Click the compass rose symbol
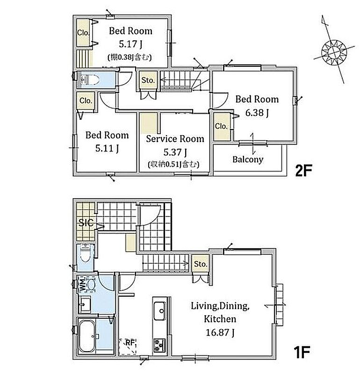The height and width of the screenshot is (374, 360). point(333,52)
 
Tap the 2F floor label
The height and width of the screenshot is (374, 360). point(303,171)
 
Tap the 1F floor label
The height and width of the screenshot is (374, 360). point(302,352)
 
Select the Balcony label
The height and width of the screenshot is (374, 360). point(248,159)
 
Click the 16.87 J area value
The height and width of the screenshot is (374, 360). point(220,332)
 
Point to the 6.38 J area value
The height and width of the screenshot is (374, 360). point(257,113)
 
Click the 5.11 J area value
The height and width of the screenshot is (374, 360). point(107,148)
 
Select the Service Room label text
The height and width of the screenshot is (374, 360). point(175,139)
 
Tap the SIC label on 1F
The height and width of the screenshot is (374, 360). point(86,223)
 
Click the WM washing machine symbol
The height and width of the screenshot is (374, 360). point(87,284)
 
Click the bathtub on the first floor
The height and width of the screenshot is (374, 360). point(87,336)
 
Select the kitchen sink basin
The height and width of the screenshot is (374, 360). point(159,311)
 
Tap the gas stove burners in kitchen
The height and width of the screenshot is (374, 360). point(159,345)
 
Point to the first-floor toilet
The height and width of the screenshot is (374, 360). point(85,253)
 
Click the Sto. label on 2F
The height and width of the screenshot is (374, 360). point(148,80)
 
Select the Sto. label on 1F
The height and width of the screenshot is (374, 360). point(201,264)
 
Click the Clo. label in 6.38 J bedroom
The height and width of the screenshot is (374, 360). point(221,126)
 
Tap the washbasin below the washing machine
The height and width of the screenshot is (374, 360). point(85,305)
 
